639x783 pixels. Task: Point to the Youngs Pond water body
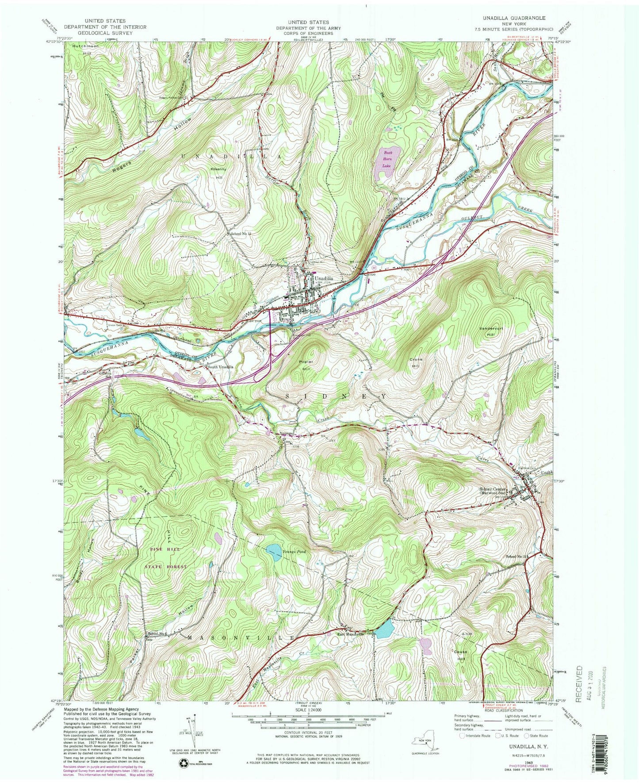coord(274,553)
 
